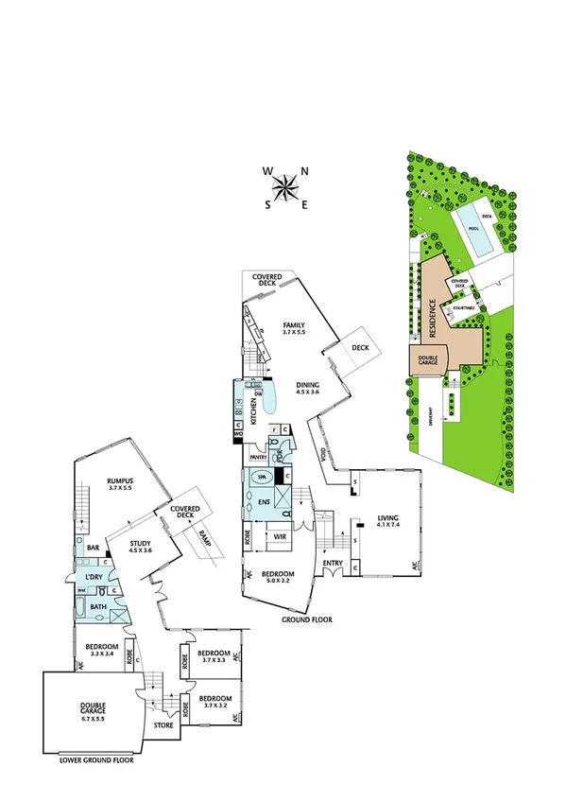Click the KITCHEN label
[254, 411]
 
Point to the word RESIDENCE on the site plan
[433, 320]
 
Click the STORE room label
[163, 726]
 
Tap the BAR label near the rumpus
[93, 548]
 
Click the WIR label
[280, 537]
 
